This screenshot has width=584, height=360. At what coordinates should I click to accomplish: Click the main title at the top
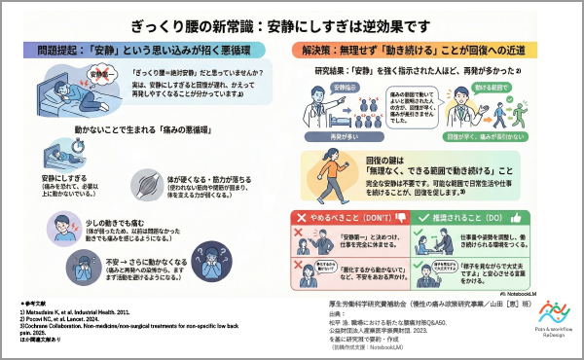click(292, 20)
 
